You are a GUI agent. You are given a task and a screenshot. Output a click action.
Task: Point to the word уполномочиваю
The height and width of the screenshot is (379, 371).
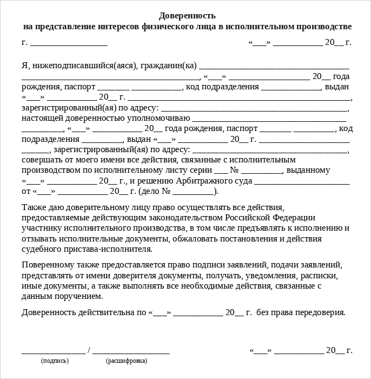click(x=162, y=118)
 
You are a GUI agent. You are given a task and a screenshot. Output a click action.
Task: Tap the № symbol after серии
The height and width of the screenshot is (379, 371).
click(x=235, y=171)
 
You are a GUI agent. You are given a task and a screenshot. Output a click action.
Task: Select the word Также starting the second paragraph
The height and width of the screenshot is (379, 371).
click(x=34, y=208)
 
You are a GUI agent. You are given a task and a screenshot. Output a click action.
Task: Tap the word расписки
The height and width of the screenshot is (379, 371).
click(x=321, y=276)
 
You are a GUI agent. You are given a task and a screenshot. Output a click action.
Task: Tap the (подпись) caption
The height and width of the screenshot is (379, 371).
click(x=55, y=361)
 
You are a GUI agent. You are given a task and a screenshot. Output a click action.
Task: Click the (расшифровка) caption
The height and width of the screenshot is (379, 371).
click(x=126, y=361)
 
